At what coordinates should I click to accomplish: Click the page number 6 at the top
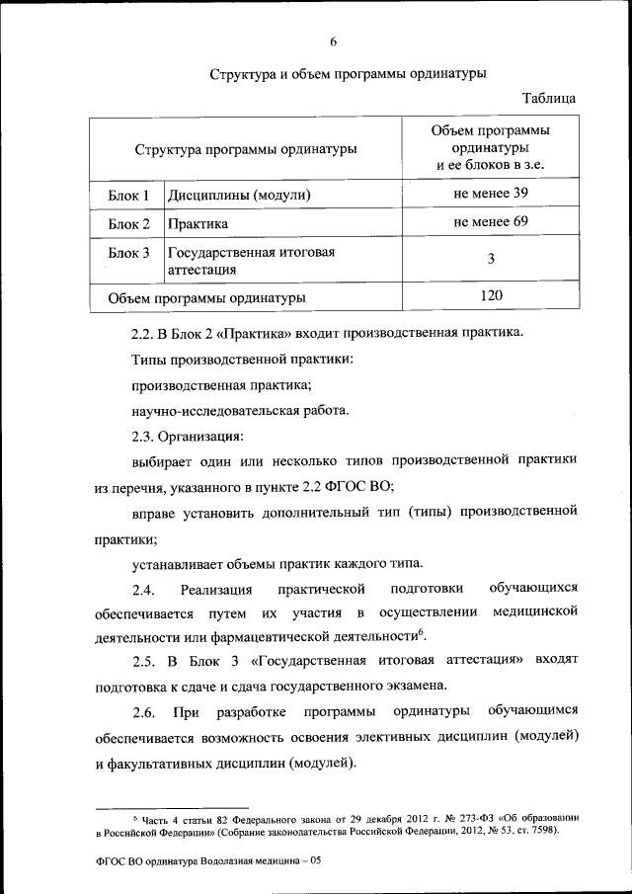(x=333, y=41)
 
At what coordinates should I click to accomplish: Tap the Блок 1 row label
(x=128, y=196)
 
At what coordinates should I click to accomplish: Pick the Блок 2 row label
(x=128, y=224)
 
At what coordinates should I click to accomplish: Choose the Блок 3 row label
(x=128, y=254)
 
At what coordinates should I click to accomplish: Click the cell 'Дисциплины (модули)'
(x=239, y=196)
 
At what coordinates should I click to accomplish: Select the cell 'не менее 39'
(x=491, y=193)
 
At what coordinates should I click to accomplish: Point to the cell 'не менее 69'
(x=491, y=221)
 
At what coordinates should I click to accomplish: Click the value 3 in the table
(x=491, y=259)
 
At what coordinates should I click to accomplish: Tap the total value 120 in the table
(x=491, y=294)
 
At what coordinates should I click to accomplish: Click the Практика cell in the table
(x=197, y=224)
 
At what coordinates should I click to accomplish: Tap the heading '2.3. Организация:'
(x=188, y=436)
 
